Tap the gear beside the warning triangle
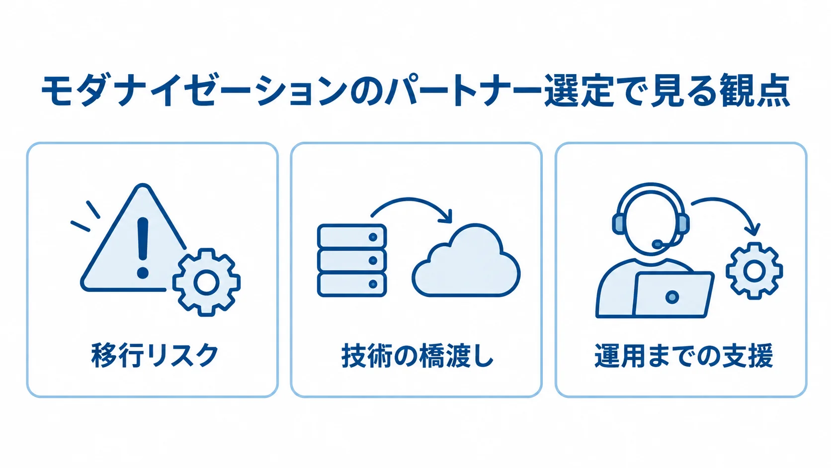tap(207, 282)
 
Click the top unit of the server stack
tap(352, 236)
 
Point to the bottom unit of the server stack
tap(352, 284)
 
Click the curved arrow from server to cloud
tap(412, 201)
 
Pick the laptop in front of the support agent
tap(673, 295)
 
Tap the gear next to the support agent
tap(754, 271)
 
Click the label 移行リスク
tap(155, 355)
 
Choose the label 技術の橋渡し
tap(417, 356)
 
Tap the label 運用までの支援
tap(684, 356)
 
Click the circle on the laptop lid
tap(672, 297)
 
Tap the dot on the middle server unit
tap(373, 261)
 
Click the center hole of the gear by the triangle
tap(207, 282)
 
